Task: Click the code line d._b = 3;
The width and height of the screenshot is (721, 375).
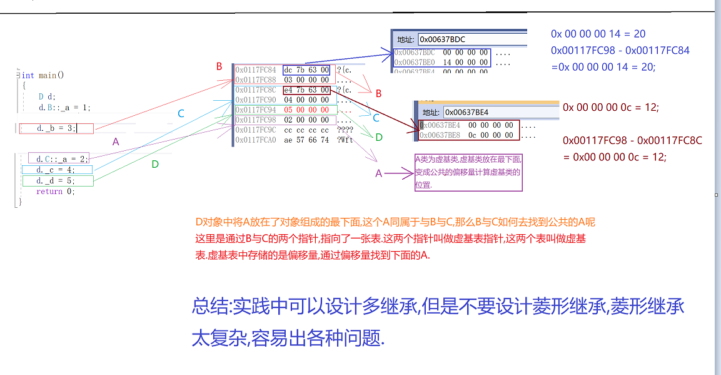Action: [x=56, y=128]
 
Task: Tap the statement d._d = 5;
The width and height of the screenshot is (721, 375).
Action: [x=57, y=181]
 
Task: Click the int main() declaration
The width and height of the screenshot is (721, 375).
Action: [x=43, y=75]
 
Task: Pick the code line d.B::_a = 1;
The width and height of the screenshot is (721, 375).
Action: [x=64, y=108]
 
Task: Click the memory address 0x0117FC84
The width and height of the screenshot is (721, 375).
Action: [x=256, y=69]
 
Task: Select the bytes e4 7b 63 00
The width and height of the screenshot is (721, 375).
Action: [x=306, y=90]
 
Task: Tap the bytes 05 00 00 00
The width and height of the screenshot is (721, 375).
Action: [x=306, y=110]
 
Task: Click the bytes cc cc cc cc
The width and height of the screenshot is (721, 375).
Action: [x=306, y=130]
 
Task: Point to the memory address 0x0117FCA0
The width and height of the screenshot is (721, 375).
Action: [x=256, y=140]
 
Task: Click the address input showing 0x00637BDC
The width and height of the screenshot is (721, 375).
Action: [x=469, y=39]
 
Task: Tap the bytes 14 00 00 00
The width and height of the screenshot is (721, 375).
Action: [x=466, y=63]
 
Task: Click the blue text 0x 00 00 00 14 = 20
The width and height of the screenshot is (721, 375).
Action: [x=598, y=34]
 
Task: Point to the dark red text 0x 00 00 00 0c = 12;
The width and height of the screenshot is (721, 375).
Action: [x=610, y=107]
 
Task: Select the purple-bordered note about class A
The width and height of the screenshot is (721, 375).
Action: [x=468, y=172]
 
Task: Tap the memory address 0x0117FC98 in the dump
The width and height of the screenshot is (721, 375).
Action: [x=256, y=120]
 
